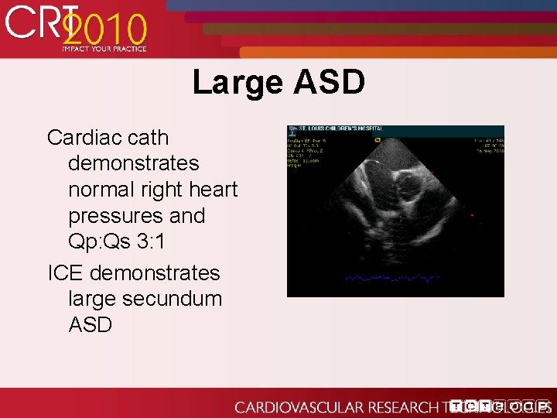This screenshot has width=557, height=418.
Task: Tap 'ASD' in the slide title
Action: (328, 82)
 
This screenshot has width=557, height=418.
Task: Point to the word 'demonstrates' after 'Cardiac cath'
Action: (134, 164)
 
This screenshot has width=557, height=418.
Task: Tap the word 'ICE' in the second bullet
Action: (65, 273)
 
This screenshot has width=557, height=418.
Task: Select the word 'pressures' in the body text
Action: (115, 216)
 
